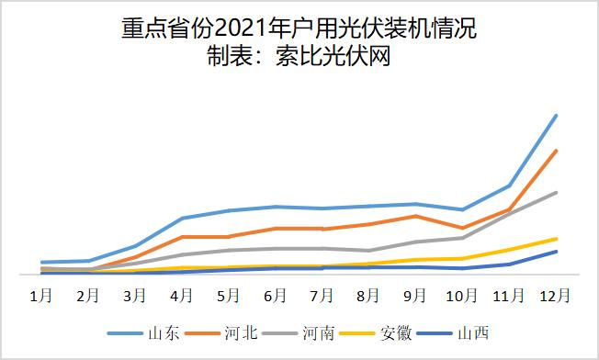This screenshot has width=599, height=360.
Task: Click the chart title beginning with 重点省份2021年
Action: coord(299,30)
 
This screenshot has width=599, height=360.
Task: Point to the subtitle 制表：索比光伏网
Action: coord(299,58)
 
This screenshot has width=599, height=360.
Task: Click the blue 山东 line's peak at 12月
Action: coord(556,116)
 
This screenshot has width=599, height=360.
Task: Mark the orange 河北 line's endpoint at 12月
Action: coord(556,151)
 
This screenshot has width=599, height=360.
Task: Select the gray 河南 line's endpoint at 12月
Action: coord(556,193)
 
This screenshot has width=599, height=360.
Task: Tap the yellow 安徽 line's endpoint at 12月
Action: coord(556,239)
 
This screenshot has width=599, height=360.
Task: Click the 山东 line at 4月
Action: coord(181,219)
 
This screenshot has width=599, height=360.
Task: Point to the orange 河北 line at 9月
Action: coord(415,216)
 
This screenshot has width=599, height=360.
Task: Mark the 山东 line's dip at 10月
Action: coord(462,210)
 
